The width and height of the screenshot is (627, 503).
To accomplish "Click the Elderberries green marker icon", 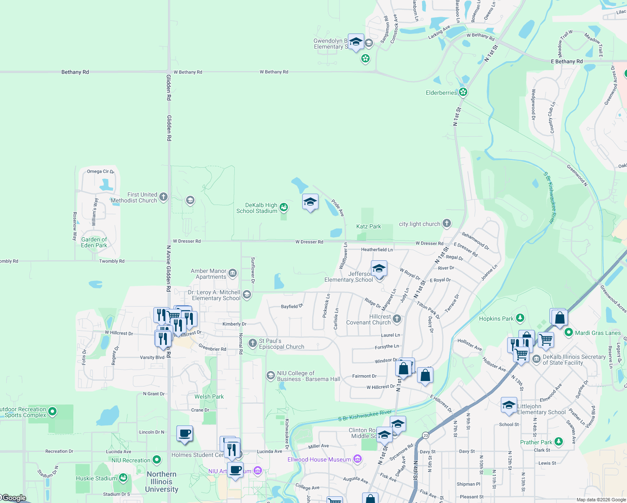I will pos(463,92).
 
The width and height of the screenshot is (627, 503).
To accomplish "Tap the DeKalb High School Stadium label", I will pos(256,208).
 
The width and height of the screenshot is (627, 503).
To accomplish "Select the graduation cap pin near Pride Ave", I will pos(310,203).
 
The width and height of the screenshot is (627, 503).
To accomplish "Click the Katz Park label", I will pos(368,226).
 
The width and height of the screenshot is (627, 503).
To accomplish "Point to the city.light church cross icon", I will pos(447,223).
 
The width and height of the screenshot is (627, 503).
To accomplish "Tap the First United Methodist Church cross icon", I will pos(163,196).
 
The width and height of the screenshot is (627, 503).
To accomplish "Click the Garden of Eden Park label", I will pos(94,243).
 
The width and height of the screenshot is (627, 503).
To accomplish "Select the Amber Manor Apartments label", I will pos(208,274).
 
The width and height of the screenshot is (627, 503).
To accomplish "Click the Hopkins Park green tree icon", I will pos(520,318).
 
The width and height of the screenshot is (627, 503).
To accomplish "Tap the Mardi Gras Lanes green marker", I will pos(569,332).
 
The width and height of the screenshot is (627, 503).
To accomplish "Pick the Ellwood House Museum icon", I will pos(358,459).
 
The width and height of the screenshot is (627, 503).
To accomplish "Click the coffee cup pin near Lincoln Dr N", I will pos(184,434).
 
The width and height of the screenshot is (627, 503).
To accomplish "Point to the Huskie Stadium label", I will pos(96,478).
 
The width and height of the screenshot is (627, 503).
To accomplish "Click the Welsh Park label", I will pos(209,397).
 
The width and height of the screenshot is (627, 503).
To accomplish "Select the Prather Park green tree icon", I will pos(559,442).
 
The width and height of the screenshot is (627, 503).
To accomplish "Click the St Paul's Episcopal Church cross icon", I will pos(252,344).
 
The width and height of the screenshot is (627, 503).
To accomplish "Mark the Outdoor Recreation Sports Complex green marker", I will pos(52,412).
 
